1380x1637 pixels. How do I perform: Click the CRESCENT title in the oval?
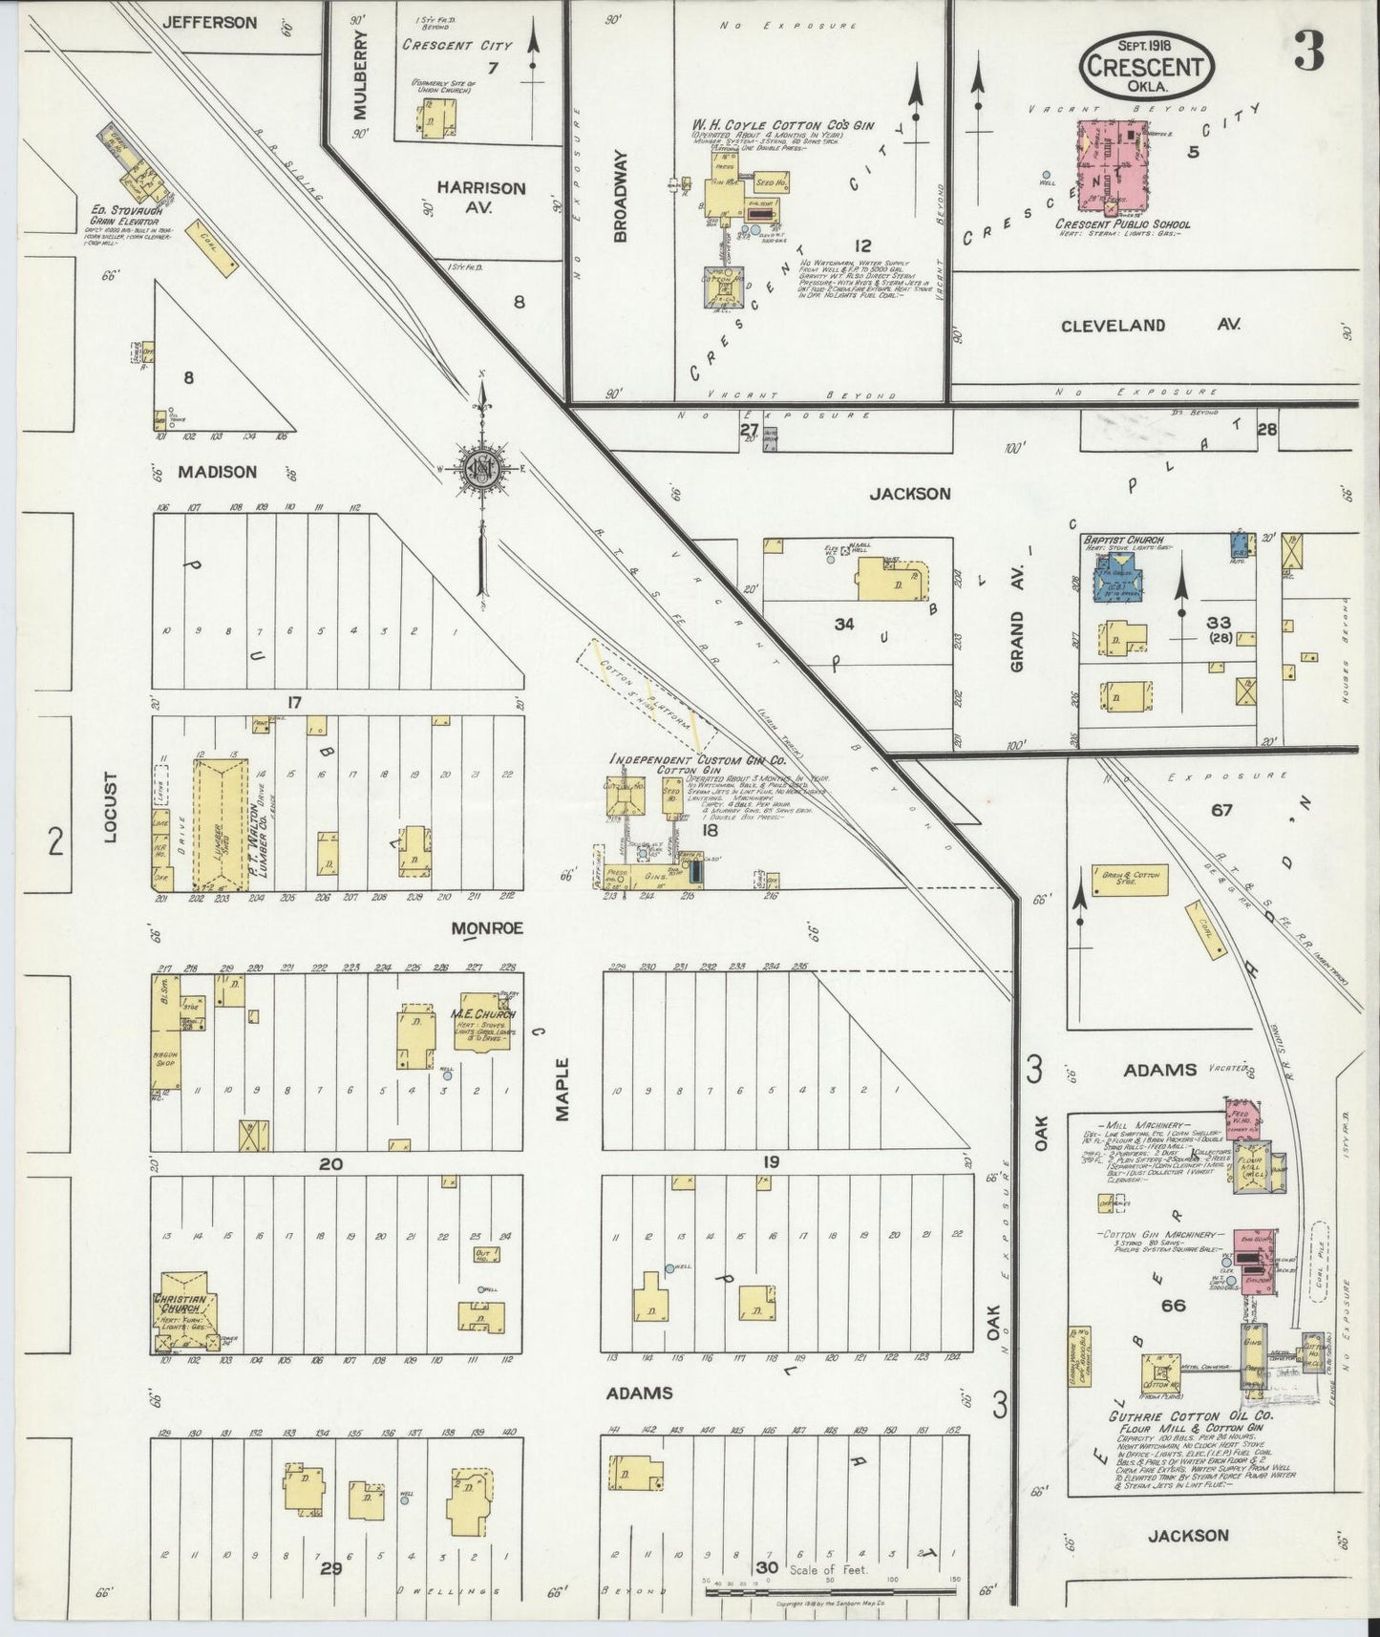(x=1147, y=67)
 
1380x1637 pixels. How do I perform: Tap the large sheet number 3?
(x=1309, y=54)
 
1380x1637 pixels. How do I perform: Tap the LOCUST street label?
(x=111, y=806)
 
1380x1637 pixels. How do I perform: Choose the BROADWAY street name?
(x=620, y=195)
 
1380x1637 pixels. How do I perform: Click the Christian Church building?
(x=188, y=1310)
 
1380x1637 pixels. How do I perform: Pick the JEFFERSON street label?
(x=209, y=22)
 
